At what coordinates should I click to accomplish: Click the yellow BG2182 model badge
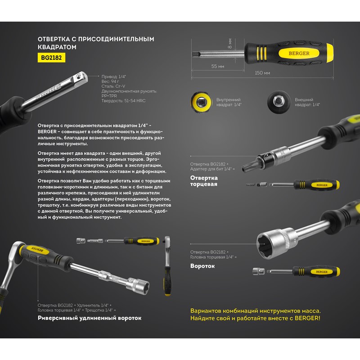coord(51,58)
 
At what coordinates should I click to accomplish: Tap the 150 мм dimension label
coord(262,73)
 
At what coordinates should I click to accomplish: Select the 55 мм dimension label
coord(218,66)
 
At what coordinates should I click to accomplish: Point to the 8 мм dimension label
coord(230,43)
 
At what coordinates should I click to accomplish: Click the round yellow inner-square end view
coord(201,102)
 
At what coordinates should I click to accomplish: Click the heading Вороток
coord(202,266)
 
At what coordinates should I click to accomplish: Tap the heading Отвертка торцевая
coord(204,181)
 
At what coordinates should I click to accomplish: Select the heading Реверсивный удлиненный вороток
coord(90,318)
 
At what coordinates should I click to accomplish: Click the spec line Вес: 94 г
coord(110,81)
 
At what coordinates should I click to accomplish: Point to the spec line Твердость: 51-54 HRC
coord(123,100)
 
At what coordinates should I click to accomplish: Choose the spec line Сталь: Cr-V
coord(113,86)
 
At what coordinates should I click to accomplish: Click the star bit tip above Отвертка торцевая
coord(248,166)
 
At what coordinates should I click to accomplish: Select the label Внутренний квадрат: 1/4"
coord(229,102)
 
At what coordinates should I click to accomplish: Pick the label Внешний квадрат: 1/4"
coord(307,102)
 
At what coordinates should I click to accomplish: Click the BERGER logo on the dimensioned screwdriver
coord(299,53)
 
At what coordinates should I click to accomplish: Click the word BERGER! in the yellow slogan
coord(307,318)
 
